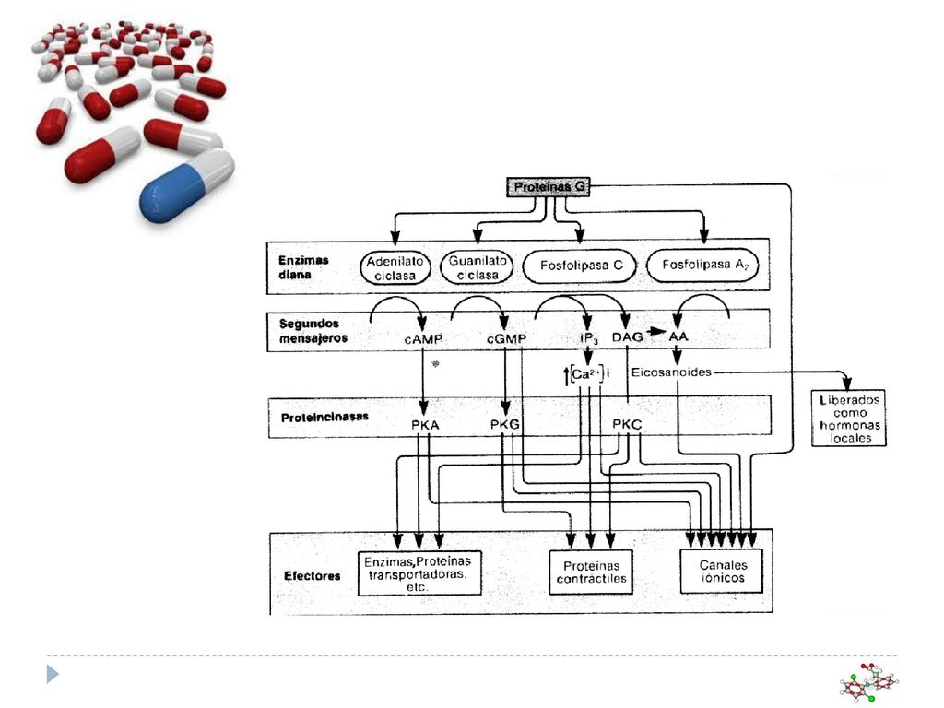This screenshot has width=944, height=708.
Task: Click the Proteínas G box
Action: click(548, 187)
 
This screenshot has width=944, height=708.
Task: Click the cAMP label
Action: click(423, 339)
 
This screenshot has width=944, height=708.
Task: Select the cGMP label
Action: click(506, 339)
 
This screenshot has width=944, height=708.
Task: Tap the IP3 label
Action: click(589, 338)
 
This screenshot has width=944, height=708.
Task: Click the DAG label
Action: click(627, 337)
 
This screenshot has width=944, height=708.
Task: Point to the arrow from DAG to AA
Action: click(656, 332)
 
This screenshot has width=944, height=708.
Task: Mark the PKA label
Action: click(425, 425)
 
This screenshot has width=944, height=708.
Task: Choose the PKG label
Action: click(504, 424)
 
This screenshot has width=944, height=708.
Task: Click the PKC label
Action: click(627, 424)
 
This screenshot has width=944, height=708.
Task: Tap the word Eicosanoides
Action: click(671, 372)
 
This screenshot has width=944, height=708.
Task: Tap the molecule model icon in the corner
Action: click(868, 683)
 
